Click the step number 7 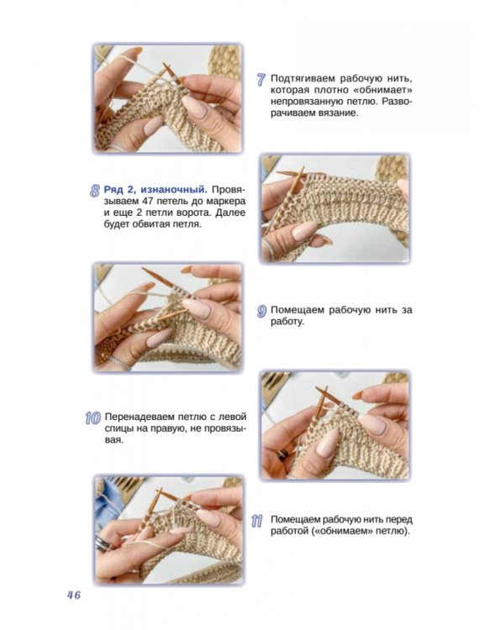pos(261,80)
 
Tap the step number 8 pos(94,191)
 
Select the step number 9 pos(261,312)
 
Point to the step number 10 pos(93,418)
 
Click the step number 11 pos(257,521)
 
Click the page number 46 pos(74,595)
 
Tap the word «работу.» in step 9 pos(287,322)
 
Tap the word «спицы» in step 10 pos(119,429)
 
